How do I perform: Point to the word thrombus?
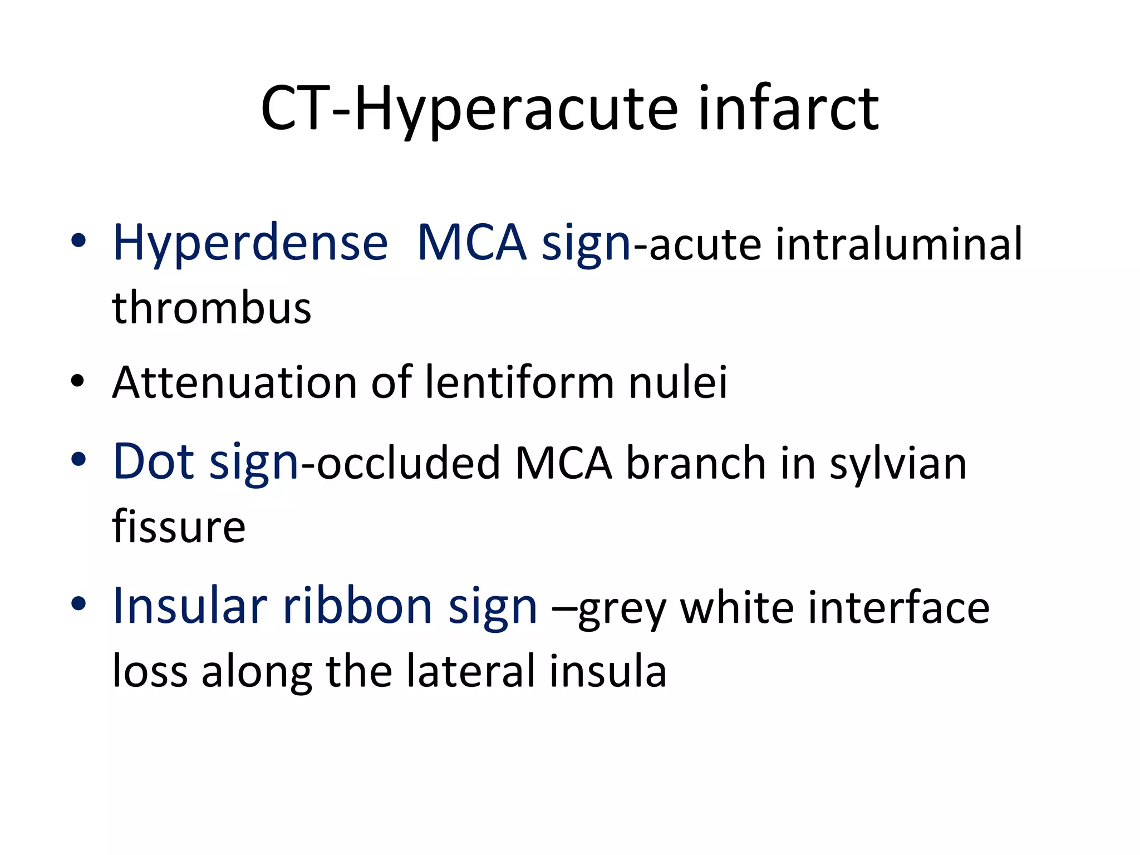(212, 308)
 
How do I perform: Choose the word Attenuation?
(234, 382)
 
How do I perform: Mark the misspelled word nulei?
(678, 382)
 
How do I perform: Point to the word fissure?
(179, 526)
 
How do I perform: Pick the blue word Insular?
(190, 606)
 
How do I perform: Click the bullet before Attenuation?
(78, 382)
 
